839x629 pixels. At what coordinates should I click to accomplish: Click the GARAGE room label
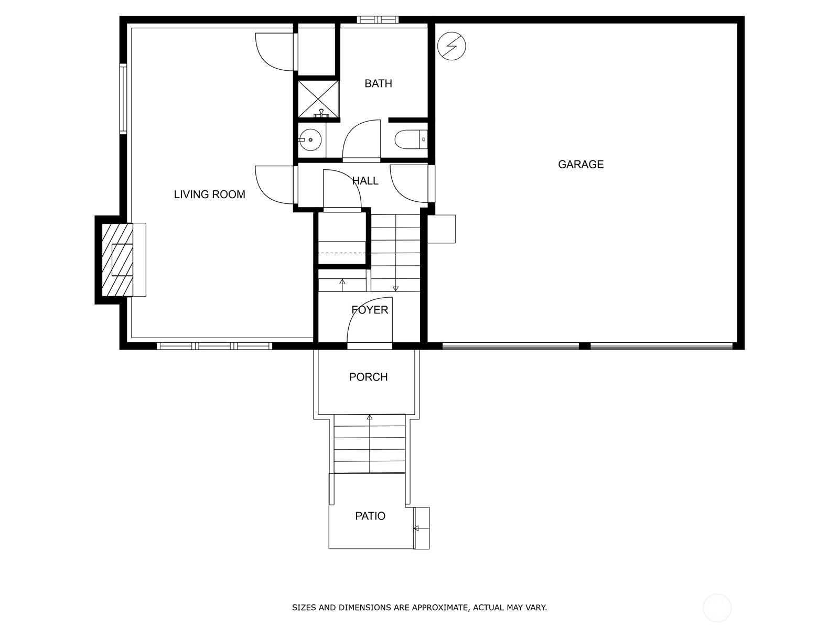pos(580,164)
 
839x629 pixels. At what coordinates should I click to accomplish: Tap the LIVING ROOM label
pos(209,194)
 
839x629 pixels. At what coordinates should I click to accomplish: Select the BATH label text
pos(378,83)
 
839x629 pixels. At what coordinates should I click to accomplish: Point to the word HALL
pos(365,181)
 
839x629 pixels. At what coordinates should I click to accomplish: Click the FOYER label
pos(370,310)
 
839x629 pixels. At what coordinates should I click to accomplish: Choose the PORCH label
pos(368,377)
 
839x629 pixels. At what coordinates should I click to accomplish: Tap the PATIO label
pos(370,516)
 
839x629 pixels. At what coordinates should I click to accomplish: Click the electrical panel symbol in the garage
pos(451,46)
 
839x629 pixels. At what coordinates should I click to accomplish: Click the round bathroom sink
pos(310,140)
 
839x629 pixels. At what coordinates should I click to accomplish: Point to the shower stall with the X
pos(318,99)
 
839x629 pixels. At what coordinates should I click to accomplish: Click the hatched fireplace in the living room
pos(118,259)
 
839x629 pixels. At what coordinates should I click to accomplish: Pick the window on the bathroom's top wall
pos(378,19)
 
